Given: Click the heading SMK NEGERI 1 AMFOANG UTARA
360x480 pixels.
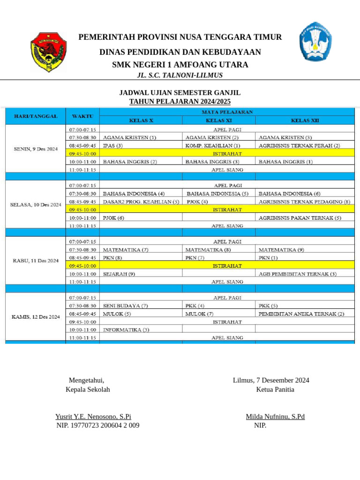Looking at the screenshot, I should tap(180, 65).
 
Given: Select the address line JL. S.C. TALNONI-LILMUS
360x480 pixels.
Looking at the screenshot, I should tap(180, 75).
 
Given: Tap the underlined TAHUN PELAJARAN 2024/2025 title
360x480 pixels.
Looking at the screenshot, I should tap(180, 102).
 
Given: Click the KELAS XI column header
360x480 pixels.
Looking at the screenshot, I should tap(219, 120).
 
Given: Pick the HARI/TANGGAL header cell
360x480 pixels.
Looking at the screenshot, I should tap(36, 116).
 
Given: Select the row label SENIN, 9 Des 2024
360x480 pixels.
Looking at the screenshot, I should tap(36, 149).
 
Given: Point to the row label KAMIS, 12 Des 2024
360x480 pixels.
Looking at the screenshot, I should tap(36, 317).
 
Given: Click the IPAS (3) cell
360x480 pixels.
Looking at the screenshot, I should tap(113, 146).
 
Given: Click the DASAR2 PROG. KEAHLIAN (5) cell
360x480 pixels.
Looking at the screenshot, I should tap(141, 202).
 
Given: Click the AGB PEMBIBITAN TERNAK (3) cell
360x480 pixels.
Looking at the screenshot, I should tap(297, 274).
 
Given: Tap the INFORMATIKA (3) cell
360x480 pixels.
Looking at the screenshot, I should tap(126, 330).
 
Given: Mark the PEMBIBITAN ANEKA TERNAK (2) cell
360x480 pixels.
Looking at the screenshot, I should tap(301, 314).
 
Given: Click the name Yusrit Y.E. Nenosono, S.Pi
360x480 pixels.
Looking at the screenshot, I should tap(93, 416).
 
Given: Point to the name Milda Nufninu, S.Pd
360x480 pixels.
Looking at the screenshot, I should tap(275, 416).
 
